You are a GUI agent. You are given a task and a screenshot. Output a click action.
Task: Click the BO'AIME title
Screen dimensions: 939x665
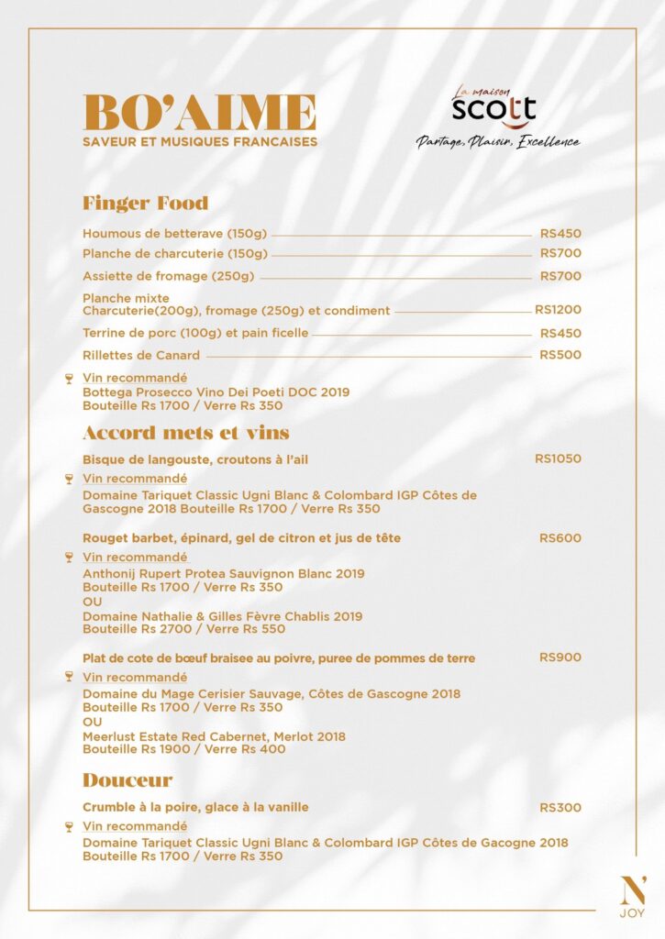pyautogui.click(x=199, y=113)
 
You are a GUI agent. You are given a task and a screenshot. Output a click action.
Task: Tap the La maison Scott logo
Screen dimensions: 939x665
pyautogui.click(x=493, y=108)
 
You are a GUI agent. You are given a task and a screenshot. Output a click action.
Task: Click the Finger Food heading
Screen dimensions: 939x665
pyautogui.click(x=145, y=203)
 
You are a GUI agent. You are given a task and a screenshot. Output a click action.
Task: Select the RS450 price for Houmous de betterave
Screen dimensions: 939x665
pyautogui.click(x=560, y=234)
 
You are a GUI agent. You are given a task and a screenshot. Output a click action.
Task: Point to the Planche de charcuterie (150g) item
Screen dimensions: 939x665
pyautogui.click(x=175, y=254)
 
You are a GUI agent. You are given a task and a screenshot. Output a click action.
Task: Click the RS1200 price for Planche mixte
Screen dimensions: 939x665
pyautogui.click(x=558, y=310)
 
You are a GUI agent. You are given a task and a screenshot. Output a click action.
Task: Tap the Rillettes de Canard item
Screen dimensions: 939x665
pyautogui.click(x=141, y=355)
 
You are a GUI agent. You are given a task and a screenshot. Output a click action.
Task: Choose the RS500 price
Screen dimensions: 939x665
pyautogui.click(x=560, y=355)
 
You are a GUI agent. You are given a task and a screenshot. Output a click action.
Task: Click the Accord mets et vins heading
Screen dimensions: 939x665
pyautogui.click(x=186, y=432)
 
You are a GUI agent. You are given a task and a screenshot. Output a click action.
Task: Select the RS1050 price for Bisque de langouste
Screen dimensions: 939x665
pyautogui.click(x=558, y=458)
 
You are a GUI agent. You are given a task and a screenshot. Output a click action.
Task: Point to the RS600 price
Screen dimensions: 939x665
pyautogui.click(x=560, y=537)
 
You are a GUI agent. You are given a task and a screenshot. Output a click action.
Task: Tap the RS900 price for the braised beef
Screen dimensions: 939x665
pyautogui.click(x=560, y=657)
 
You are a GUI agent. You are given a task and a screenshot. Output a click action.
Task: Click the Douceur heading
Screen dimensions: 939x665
pyautogui.click(x=127, y=780)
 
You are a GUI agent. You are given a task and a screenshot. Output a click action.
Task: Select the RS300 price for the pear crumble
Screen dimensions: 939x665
pyautogui.click(x=560, y=808)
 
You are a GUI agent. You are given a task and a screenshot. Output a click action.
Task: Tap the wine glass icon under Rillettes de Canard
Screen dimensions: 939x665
pyautogui.click(x=69, y=378)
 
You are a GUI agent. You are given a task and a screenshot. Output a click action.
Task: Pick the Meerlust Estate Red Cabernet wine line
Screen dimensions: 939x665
pyautogui.click(x=214, y=736)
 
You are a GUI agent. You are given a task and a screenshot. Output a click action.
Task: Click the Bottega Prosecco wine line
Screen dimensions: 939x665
pyautogui.click(x=216, y=392)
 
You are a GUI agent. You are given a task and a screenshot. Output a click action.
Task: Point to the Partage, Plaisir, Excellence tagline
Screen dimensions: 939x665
pyautogui.click(x=498, y=142)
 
